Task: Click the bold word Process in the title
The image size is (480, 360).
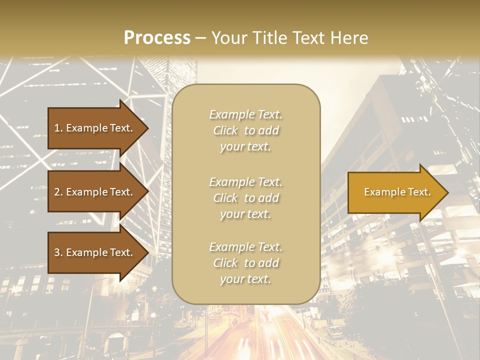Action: point(157,38)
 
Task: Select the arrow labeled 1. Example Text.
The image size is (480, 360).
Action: point(95,128)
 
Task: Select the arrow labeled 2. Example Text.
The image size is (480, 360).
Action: point(95,192)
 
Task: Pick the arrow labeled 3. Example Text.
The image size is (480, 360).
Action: point(95,253)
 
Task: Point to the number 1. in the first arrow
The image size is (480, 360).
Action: point(58,128)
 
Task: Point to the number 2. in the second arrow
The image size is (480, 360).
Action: point(58,192)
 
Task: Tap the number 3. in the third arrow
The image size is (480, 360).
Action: point(58,253)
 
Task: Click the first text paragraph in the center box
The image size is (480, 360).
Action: point(246,130)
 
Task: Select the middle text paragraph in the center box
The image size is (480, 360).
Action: point(246,198)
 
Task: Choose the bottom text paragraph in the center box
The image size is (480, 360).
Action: point(246,263)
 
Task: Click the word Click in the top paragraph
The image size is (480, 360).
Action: point(225,130)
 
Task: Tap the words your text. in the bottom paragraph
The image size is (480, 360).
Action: point(245,279)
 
